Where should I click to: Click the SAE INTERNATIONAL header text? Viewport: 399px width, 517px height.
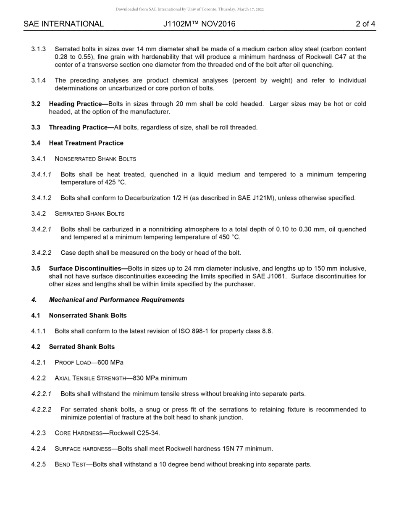point(63,24)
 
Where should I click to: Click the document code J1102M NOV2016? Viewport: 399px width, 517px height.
point(199,24)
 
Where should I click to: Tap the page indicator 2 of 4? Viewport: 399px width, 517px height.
point(365,24)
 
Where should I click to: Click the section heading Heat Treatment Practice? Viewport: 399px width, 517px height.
point(86,143)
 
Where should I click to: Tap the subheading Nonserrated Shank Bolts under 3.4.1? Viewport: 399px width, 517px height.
point(95,159)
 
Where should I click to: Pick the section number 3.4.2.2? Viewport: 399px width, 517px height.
point(41,253)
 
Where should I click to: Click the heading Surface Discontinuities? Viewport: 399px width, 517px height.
point(88,269)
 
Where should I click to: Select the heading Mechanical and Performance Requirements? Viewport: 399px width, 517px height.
point(116,300)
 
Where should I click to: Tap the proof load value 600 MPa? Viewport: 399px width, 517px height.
point(110,363)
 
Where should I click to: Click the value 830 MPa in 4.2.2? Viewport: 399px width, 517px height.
point(146,378)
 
